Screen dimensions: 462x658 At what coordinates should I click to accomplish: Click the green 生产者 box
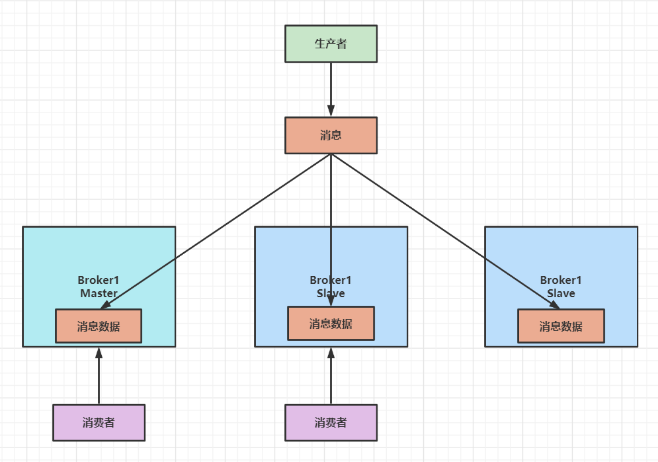point(331,44)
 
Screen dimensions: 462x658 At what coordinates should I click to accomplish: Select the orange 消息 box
point(331,135)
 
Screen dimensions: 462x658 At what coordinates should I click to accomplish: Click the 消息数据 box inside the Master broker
point(99,326)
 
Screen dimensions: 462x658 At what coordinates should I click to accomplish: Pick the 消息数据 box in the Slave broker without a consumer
point(561,326)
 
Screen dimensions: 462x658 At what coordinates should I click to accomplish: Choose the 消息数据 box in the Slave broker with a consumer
point(331,323)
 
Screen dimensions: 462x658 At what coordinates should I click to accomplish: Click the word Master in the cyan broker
point(99,293)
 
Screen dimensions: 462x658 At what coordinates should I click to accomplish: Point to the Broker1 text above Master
point(99,281)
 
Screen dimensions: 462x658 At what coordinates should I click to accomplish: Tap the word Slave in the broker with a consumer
point(331,293)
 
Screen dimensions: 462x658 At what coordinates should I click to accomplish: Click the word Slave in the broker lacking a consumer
point(561,293)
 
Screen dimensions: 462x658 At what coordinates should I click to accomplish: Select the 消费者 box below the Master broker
point(99,422)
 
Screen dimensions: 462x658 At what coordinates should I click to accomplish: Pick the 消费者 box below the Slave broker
point(331,422)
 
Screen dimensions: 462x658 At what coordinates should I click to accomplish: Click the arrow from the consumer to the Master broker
point(99,377)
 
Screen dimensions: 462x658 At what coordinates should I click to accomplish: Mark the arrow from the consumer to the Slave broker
point(331,377)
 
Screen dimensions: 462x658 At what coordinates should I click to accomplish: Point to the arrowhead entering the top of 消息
point(331,112)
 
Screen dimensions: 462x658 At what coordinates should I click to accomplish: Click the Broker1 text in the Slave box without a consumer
point(561,281)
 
